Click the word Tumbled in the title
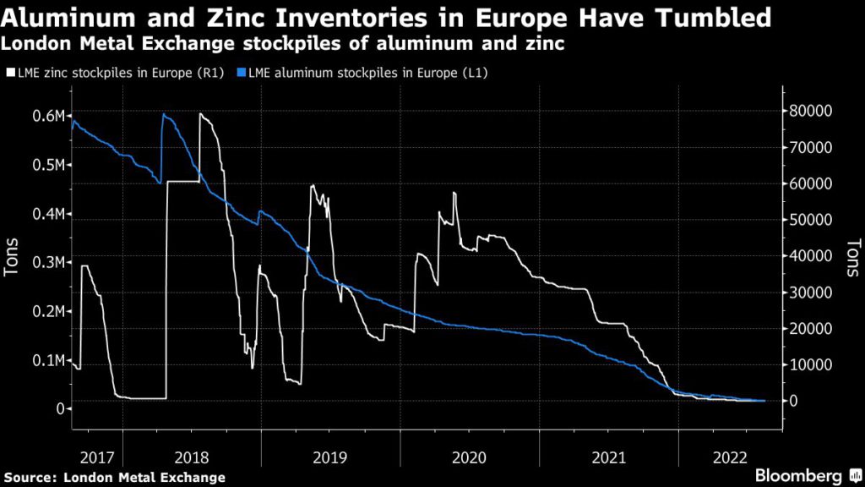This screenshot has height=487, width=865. pyautogui.click(x=699, y=16)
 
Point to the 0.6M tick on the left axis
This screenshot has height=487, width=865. pyautogui.click(x=48, y=116)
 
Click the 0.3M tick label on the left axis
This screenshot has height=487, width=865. pyautogui.click(x=48, y=263)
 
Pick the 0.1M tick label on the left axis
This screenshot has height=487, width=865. pyautogui.click(x=48, y=361)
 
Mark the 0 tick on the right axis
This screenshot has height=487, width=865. pyautogui.click(x=794, y=401)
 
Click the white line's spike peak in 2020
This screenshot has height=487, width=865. pyautogui.click(x=454, y=194)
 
